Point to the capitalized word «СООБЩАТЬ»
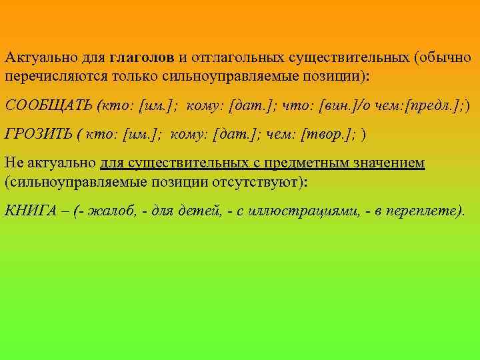(48, 105)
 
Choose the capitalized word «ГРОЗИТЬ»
(37, 134)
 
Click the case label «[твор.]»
(327, 134)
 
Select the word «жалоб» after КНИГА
(110, 211)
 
